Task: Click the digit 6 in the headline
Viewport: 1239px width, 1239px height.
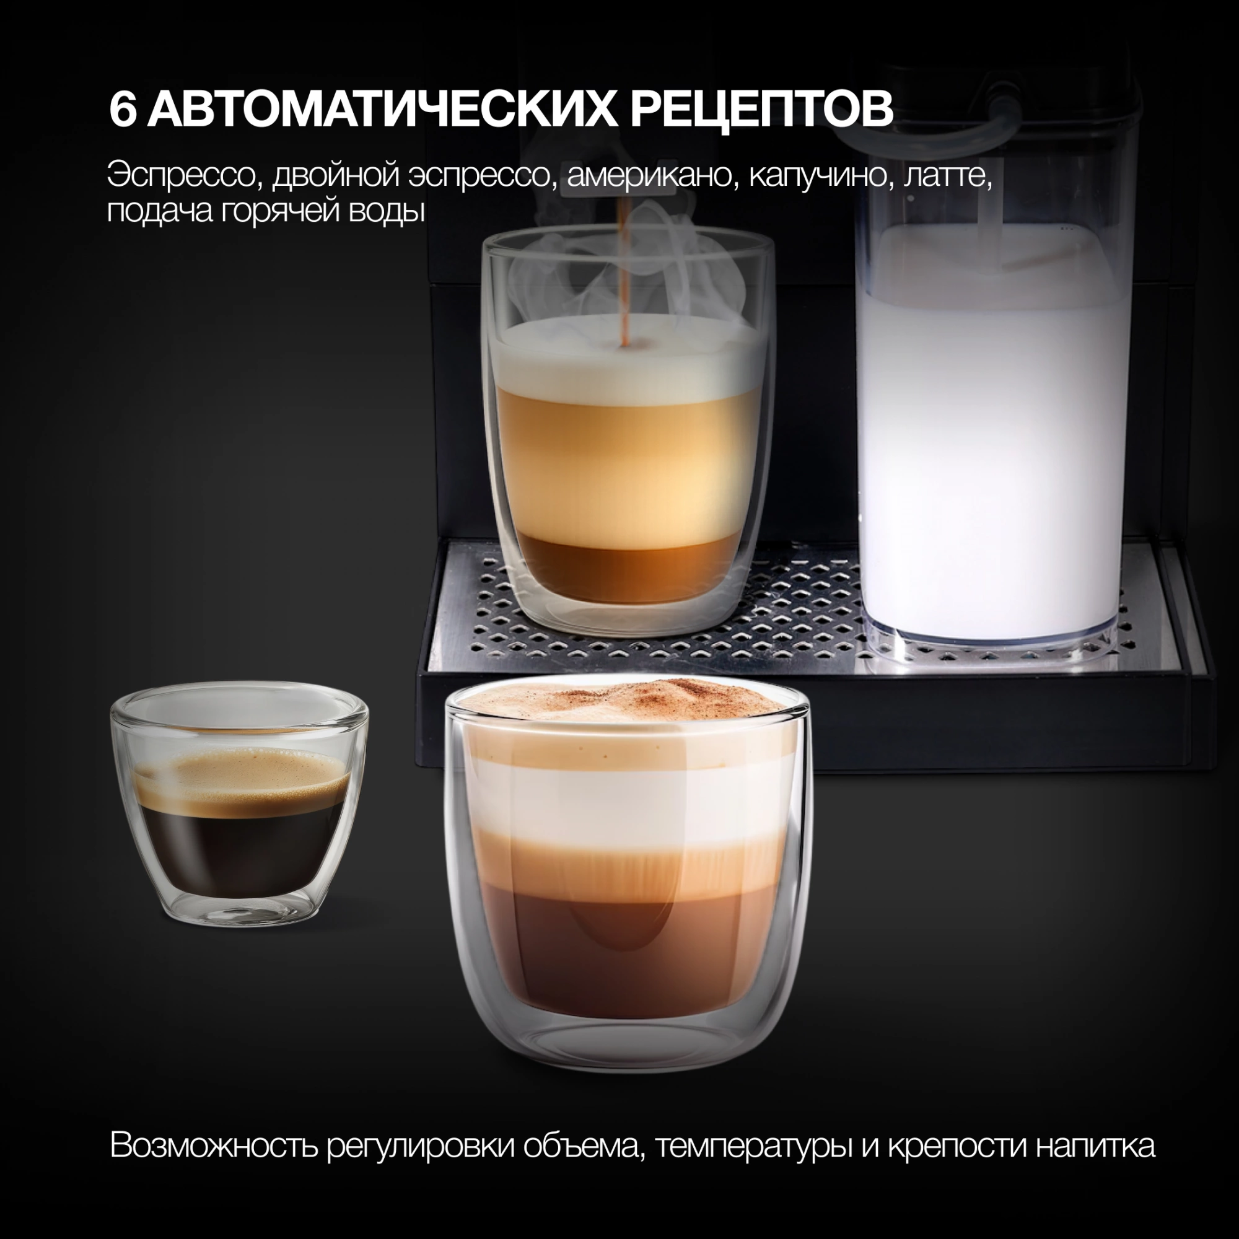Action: tap(123, 109)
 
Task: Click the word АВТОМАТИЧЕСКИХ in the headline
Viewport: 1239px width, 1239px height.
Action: tap(384, 109)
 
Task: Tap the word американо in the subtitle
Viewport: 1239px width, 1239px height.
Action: tap(649, 177)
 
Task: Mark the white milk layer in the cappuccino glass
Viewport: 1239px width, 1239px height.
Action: tap(626, 795)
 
